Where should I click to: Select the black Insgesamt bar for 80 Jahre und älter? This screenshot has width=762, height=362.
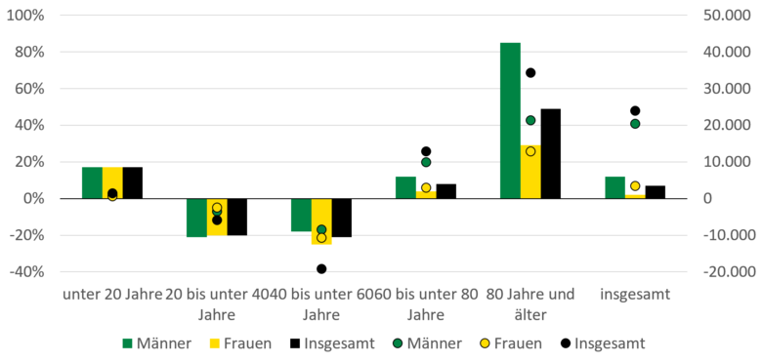coord(551,153)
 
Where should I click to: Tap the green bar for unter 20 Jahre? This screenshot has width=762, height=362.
coord(92,182)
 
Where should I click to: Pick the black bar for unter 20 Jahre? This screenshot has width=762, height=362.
coord(133,182)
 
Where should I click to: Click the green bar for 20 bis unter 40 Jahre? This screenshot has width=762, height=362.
coord(196,218)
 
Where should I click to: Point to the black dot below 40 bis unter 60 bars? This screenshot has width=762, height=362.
coord(321,268)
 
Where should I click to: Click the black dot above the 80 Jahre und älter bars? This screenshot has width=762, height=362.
coord(530,72)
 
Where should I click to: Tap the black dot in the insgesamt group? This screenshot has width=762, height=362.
coord(635,110)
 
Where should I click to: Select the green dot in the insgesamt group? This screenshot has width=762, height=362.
coord(635,123)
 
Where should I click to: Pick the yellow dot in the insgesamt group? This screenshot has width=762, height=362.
coord(635,185)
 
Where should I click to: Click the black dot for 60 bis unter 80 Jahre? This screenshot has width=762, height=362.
coord(426,151)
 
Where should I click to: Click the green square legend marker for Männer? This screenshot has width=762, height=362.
coord(126,343)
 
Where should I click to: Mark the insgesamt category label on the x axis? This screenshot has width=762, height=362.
coord(635,293)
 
